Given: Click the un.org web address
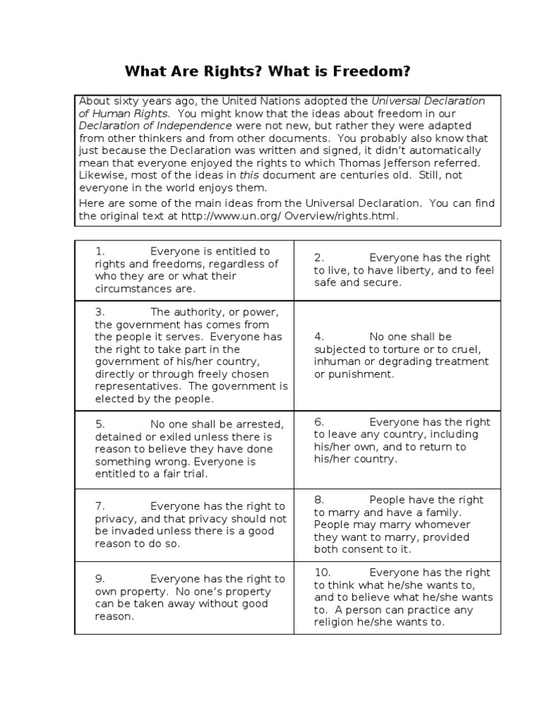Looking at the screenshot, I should pos(289,216).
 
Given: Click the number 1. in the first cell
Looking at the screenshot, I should pos(100,251).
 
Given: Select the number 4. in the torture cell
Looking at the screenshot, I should pos(319,336).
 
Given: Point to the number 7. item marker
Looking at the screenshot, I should pos(100,506).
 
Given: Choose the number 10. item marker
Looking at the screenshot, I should pos(322,572).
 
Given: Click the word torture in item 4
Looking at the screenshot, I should pos(394,349).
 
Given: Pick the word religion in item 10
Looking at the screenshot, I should pos(336,622).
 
